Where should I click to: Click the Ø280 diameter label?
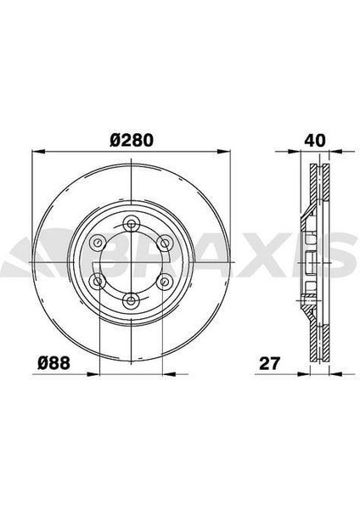pos(132,140)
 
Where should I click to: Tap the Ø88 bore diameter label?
pos(53,362)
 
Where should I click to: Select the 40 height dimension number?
pos(314,140)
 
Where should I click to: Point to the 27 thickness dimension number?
pos(269,363)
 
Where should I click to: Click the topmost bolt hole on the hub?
pos(131,224)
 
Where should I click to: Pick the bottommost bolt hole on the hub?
pos(131,300)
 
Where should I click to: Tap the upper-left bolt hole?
pos(97,242)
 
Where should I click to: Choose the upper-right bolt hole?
pos(165,242)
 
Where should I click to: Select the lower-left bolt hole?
pos(97,281)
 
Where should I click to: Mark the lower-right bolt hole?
pos(165,281)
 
